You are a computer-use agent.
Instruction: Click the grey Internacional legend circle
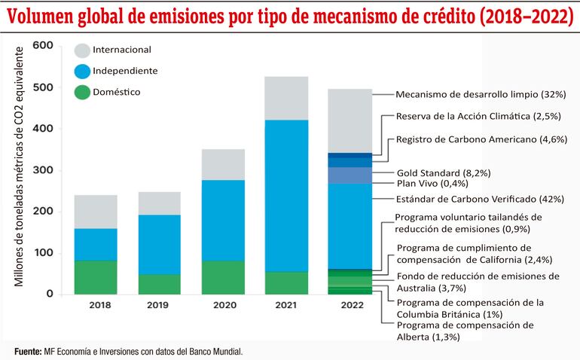(x=81, y=50)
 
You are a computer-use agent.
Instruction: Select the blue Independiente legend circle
(x=81, y=72)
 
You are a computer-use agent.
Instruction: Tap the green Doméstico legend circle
(x=81, y=93)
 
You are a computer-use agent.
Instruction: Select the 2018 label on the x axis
(x=96, y=306)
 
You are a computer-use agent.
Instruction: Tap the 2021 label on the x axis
(x=286, y=306)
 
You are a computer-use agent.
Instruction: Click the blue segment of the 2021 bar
(x=286, y=196)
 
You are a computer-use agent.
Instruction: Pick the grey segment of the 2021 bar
(x=286, y=98)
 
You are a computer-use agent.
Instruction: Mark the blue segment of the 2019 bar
(x=159, y=244)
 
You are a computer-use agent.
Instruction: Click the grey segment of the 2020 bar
(x=223, y=164)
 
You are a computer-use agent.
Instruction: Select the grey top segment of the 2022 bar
(x=350, y=121)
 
